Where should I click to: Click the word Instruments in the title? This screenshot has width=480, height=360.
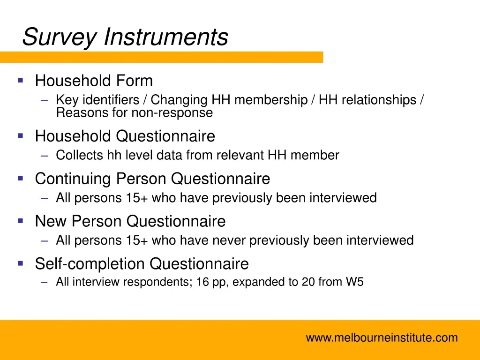click(166, 37)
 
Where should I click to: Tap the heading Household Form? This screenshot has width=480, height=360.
click(94, 81)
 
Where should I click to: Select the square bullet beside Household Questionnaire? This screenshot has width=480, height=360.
click(20, 136)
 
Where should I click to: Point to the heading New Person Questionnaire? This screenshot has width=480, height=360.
click(130, 221)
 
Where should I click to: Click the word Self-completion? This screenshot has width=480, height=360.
click(90, 264)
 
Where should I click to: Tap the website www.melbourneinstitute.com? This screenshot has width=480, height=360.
click(382, 337)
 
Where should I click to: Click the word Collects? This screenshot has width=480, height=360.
click(80, 156)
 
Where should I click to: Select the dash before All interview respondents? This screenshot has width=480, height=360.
click(45, 283)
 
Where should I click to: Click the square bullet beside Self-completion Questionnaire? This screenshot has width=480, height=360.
click(20, 263)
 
